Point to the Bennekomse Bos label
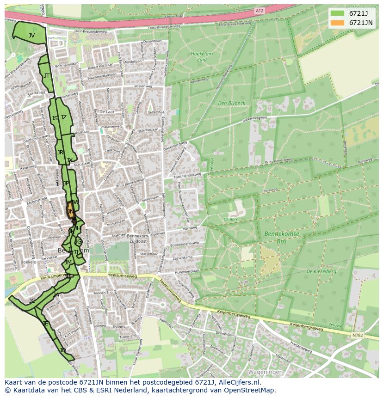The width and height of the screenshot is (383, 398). (282, 238)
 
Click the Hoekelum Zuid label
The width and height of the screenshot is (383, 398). (202, 56)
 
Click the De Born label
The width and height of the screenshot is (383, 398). (231, 219)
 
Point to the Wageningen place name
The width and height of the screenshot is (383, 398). (265, 372)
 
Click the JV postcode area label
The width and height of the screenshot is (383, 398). (31, 35)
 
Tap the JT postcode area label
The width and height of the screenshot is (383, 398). (47, 75)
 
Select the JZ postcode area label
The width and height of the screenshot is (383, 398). (63, 117)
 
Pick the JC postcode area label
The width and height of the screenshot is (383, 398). (32, 301)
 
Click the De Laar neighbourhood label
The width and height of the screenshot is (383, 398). (106, 111)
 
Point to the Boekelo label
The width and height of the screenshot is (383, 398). (28, 262)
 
